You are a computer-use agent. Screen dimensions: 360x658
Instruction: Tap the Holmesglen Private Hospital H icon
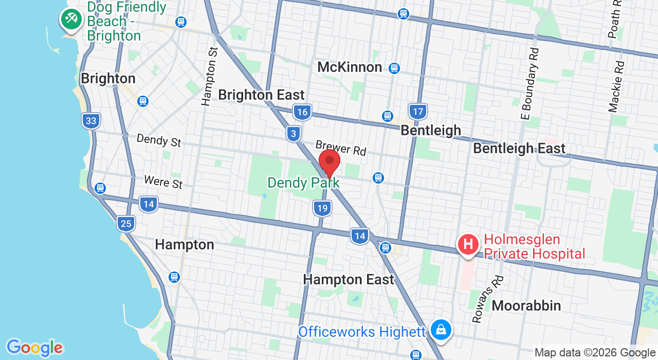[468, 244]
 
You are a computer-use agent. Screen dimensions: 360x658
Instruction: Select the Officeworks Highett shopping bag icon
[441, 330]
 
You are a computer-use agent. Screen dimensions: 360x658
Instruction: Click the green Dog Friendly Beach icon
[71, 19]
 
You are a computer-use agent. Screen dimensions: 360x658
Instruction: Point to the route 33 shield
[91, 121]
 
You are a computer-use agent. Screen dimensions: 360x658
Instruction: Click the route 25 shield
[126, 223]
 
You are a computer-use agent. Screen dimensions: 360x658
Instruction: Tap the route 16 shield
[302, 112]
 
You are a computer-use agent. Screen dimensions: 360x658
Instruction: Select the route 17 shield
[418, 111]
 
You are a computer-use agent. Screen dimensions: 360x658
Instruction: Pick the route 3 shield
[294, 134]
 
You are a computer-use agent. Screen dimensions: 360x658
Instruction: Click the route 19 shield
[322, 208]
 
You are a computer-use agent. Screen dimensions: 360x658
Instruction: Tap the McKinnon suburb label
[350, 67]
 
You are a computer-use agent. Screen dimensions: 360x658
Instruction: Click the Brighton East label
[261, 95]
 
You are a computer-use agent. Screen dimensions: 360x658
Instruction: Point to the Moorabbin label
[526, 305]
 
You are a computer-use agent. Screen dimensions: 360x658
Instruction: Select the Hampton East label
[348, 280]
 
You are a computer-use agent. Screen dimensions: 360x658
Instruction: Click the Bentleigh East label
[519, 149]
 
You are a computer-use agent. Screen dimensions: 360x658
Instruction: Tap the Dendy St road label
[158, 140]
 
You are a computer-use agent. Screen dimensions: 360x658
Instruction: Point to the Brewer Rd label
[341, 148]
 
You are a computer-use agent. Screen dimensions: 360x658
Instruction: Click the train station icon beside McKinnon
[394, 68]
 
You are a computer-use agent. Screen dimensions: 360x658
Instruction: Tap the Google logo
[34, 348]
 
